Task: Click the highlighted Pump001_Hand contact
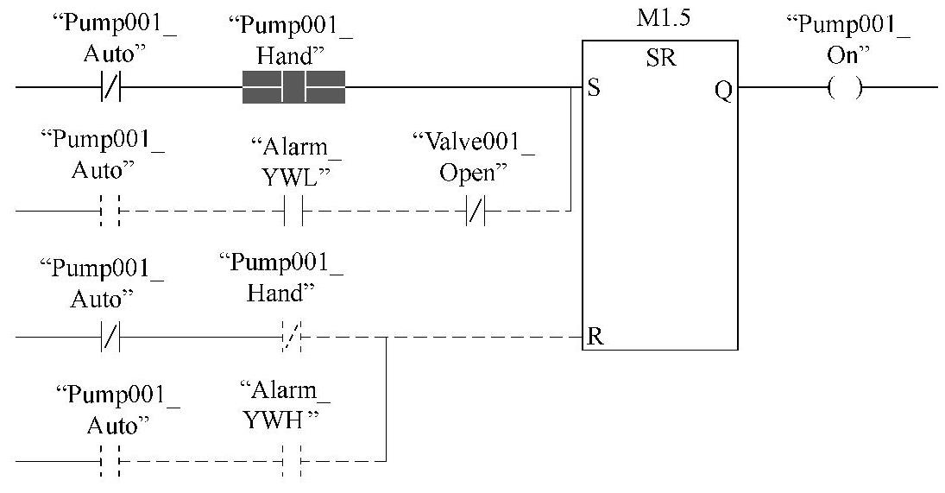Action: click(293, 87)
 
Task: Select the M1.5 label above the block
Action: click(660, 18)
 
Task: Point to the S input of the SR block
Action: click(594, 88)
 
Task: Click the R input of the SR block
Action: click(594, 337)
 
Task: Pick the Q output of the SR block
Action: click(723, 88)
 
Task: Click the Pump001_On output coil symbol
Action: click(845, 87)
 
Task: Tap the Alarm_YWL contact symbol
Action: click(293, 210)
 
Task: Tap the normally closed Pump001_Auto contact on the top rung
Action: click(110, 87)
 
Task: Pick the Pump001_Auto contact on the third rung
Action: click(110, 337)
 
